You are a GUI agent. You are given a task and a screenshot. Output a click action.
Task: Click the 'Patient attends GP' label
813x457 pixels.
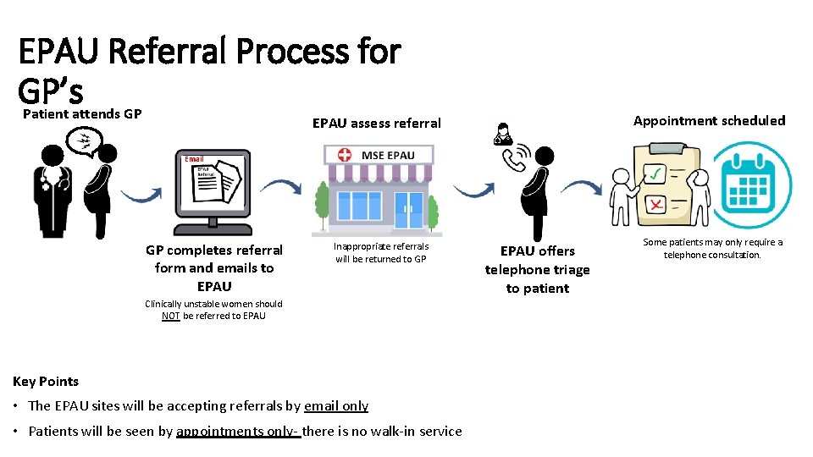[82, 114]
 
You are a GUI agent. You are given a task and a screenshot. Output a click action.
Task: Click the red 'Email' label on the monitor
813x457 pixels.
[195, 159]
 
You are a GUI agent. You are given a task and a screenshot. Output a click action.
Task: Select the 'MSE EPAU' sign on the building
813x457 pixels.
[388, 155]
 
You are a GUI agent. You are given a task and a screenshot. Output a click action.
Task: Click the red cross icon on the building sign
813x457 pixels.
[345, 155]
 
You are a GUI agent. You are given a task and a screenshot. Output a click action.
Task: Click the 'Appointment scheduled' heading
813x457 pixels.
[709, 120]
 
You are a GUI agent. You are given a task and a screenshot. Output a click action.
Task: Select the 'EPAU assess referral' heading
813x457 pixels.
[376, 124]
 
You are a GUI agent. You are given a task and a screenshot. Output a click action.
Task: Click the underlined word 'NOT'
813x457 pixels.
[170, 316]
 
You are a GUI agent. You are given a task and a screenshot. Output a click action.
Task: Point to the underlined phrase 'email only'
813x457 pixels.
[336, 405]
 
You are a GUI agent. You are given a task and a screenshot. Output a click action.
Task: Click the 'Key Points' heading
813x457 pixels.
[46, 382]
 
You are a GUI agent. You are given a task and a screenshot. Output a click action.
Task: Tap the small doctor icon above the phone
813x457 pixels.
[503, 134]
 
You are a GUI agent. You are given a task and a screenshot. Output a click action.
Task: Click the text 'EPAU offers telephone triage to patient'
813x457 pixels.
[537, 269]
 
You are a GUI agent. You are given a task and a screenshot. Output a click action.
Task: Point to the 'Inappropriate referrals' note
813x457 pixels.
[381, 252]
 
